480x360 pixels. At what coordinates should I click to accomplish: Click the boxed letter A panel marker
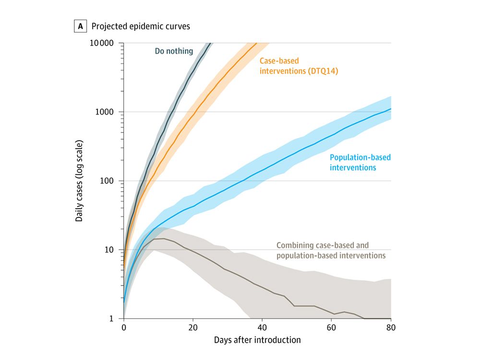[x=79, y=26]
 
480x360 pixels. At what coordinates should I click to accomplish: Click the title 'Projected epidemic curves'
[x=141, y=26]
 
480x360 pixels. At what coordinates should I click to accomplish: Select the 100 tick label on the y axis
[x=109, y=181]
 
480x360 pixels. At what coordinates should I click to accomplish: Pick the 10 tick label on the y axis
[x=112, y=250]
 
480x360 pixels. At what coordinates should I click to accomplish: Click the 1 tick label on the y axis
[x=114, y=319]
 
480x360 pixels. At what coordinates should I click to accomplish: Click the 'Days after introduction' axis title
[x=257, y=340]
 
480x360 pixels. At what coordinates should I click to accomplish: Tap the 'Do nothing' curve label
[x=174, y=51]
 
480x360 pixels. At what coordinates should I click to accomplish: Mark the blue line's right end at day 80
[x=391, y=109]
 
